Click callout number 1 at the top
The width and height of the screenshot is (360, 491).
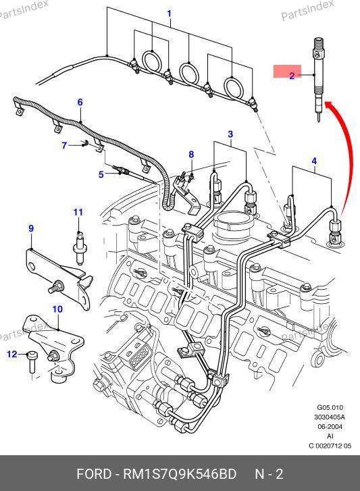[169, 14]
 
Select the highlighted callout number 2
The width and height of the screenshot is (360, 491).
[292, 76]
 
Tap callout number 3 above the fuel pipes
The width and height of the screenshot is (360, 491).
[230, 134]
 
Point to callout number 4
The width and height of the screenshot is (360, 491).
[314, 161]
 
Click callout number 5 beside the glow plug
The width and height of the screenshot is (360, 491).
[101, 174]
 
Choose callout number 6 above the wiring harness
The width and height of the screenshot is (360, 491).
[80, 102]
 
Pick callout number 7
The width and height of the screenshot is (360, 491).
[64, 146]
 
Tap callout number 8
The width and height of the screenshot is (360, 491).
[191, 155]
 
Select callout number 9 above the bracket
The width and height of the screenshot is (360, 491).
[31, 228]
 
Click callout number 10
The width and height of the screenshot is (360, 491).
[57, 309]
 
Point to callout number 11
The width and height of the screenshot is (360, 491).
[78, 212]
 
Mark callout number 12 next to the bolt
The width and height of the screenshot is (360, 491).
[12, 354]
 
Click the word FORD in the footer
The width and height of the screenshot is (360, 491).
[94, 474]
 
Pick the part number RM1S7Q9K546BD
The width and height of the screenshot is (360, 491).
[180, 474]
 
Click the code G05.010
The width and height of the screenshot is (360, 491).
[330, 408]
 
